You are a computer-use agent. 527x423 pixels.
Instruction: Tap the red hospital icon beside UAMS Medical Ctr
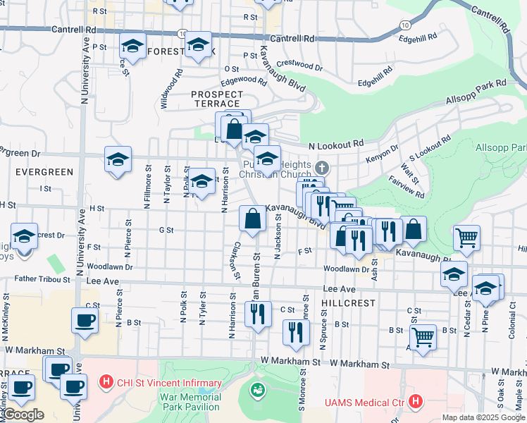(x=416, y=403)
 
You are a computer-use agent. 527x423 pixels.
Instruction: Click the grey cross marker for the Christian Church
(x=322, y=168)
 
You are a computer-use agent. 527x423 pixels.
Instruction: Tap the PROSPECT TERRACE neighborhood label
(x=216, y=99)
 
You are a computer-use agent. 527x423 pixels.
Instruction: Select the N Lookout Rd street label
(x=337, y=144)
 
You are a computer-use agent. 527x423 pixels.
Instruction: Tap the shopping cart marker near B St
(x=423, y=336)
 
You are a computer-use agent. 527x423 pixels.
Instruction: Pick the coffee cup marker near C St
(x=85, y=319)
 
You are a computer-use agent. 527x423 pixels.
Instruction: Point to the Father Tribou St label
(x=42, y=279)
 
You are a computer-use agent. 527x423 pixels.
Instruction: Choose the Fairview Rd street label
(x=406, y=187)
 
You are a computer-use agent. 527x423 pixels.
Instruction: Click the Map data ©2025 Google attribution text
(x=483, y=417)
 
